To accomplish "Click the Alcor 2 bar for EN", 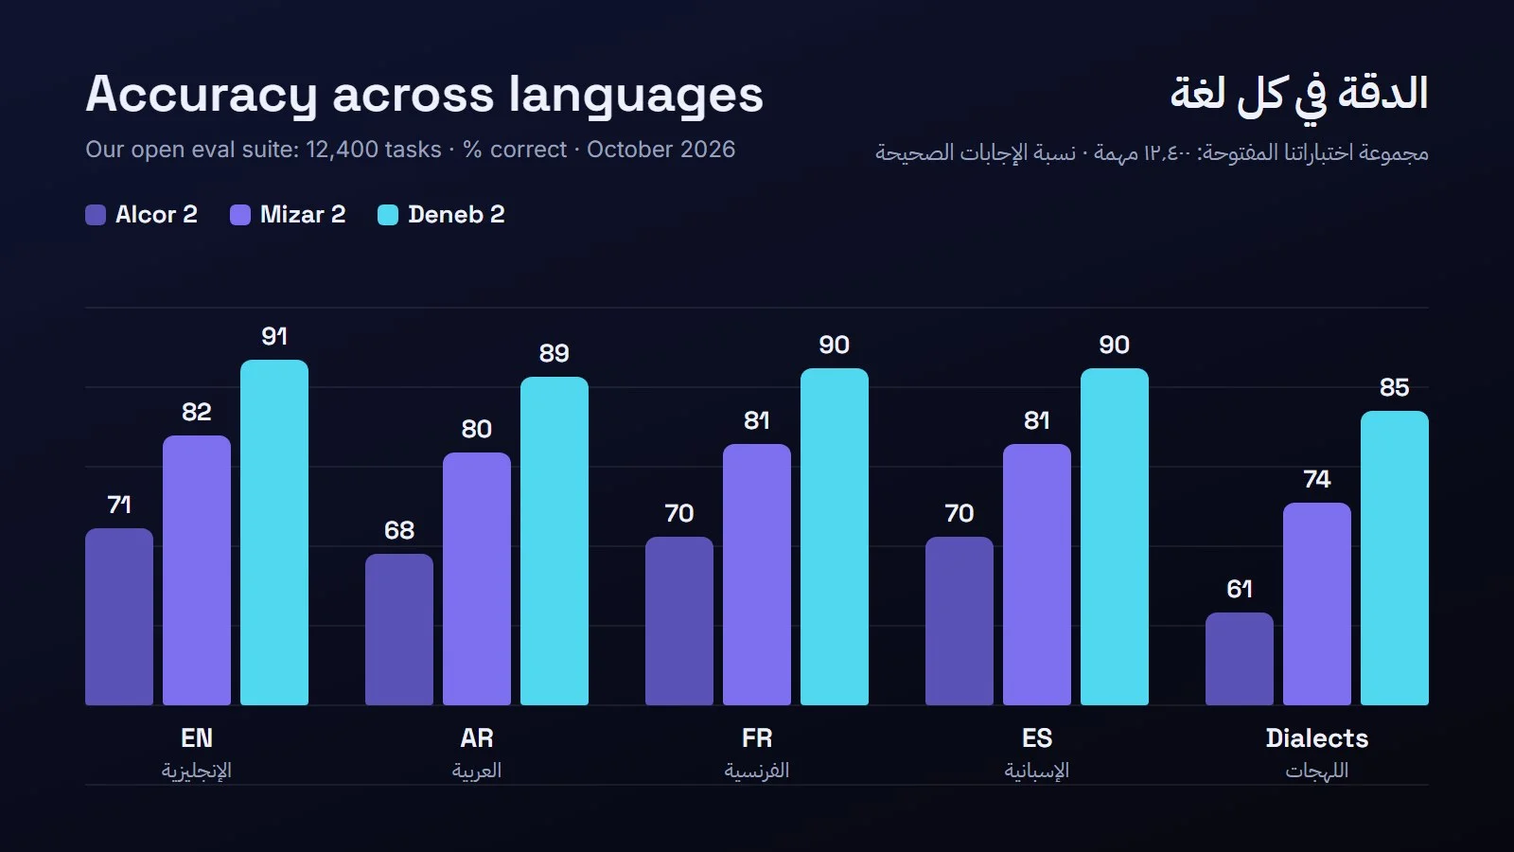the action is (x=119, y=616).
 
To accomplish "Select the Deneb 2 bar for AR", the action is (x=555, y=541).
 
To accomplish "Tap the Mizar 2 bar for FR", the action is (x=756, y=575).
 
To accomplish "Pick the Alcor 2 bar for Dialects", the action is (x=1239, y=659).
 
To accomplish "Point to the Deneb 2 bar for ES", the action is (x=1114, y=537).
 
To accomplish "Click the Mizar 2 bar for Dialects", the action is (x=1316, y=604).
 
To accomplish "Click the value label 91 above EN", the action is (x=274, y=336).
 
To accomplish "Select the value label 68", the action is (x=398, y=530).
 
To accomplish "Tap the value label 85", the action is (x=1395, y=387).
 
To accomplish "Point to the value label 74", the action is (x=1316, y=479).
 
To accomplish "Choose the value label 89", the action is (x=555, y=353).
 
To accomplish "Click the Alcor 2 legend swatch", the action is (x=96, y=215).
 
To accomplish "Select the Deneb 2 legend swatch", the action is (x=388, y=215).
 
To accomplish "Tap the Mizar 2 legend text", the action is (x=303, y=214).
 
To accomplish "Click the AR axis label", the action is (x=477, y=737).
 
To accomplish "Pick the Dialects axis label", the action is (x=1316, y=737).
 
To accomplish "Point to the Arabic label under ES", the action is (x=1036, y=771).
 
